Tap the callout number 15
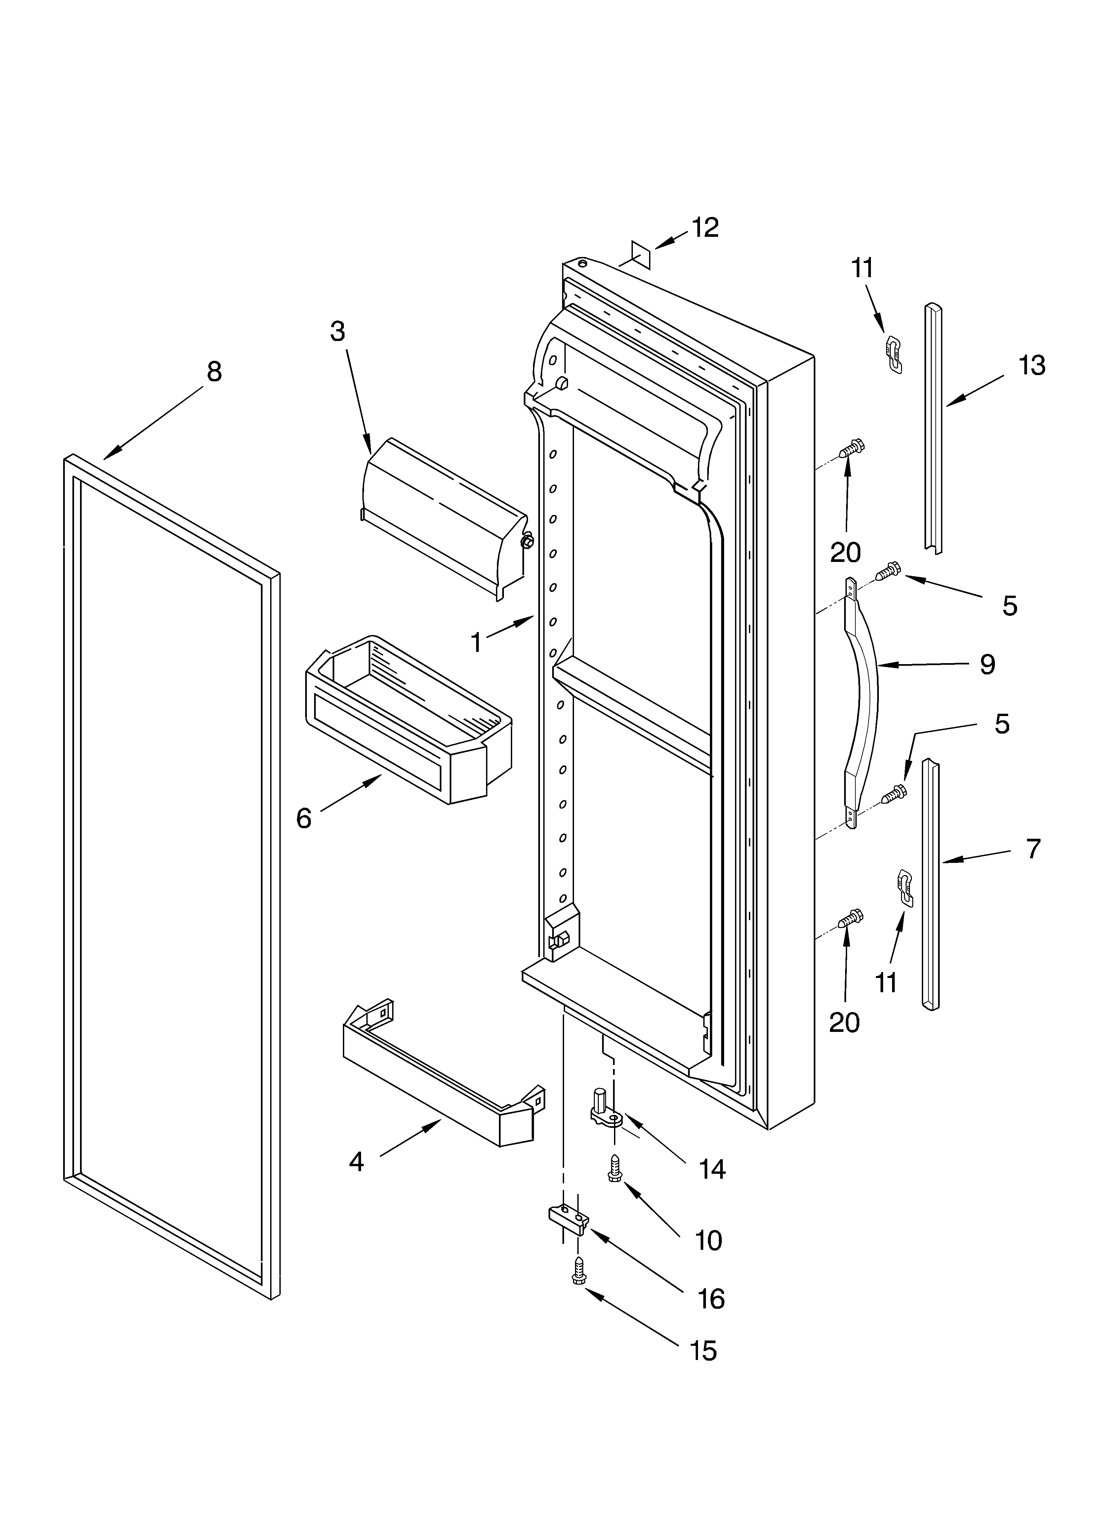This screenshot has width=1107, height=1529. pos(703,1350)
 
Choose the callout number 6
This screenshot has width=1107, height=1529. pos(304,819)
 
